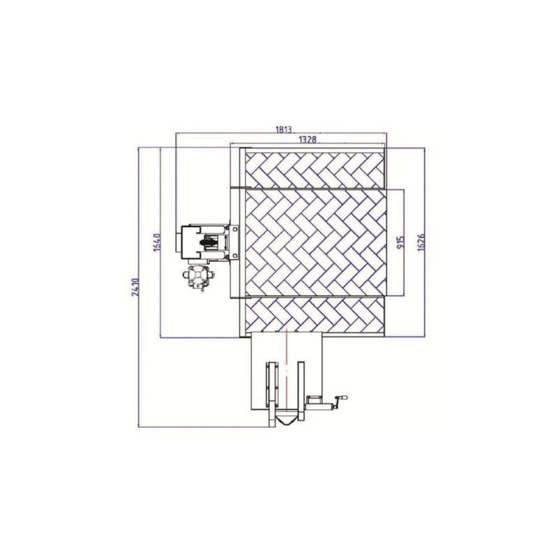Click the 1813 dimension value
pyautogui.click(x=284, y=129)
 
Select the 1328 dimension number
pyautogui.click(x=307, y=139)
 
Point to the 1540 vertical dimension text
pyautogui.click(x=157, y=242)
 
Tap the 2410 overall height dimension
pyautogui.click(x=135, y=287)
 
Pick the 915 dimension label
pyautogui.click(x=400, y=242)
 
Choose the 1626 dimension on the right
pyautogui.click(x=421, y=242)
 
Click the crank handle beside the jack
pyautogui.click(x=340, y=400)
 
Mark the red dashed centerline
pyautogui.click(x=286, y=370)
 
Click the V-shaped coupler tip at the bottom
pyautogui.click(x=286, y=421)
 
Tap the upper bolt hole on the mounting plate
pyautogui.click(x=235, y=229)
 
